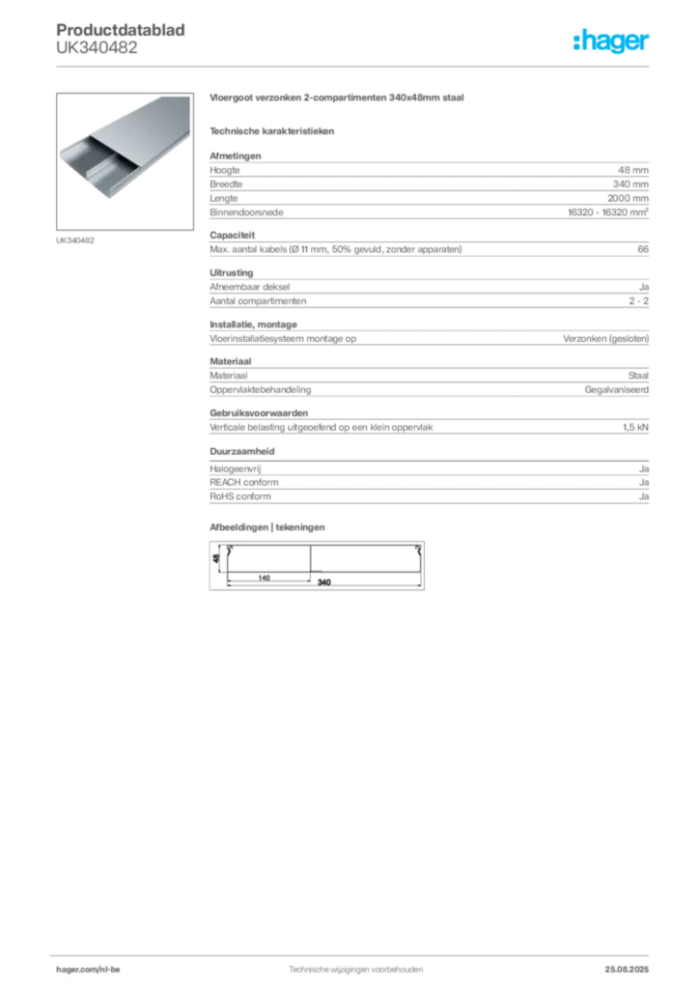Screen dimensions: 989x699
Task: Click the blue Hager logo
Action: [x=613, y=42]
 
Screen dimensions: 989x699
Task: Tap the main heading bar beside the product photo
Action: [x=339, y=100]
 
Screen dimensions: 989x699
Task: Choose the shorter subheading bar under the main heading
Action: [x=274, y=130]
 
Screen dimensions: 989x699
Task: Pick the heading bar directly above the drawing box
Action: [x=270, y=525]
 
